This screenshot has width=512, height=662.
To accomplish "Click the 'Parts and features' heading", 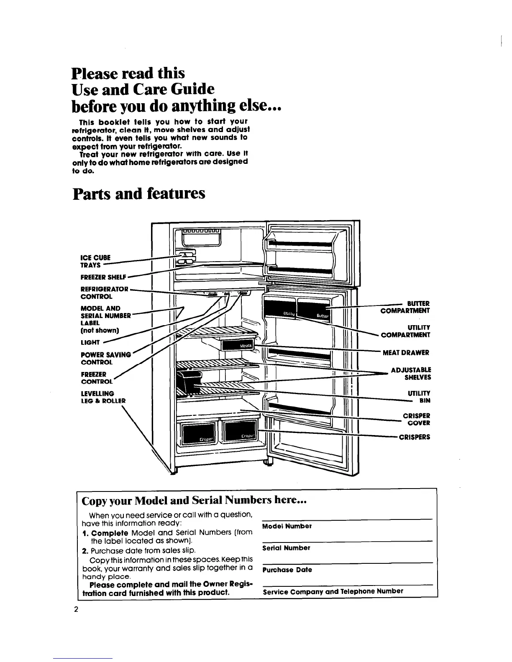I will click(139, 194).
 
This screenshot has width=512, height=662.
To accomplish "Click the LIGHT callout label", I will click(90, 343).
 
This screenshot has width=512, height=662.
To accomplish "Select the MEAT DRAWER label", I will click(405, 353).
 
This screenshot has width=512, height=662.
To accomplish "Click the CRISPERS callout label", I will click(415, 437).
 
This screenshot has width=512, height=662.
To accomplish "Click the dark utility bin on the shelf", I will click(188, 380).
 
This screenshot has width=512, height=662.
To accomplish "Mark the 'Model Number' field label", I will click(287, 526).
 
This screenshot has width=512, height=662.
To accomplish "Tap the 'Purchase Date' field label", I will click(287, 570).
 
